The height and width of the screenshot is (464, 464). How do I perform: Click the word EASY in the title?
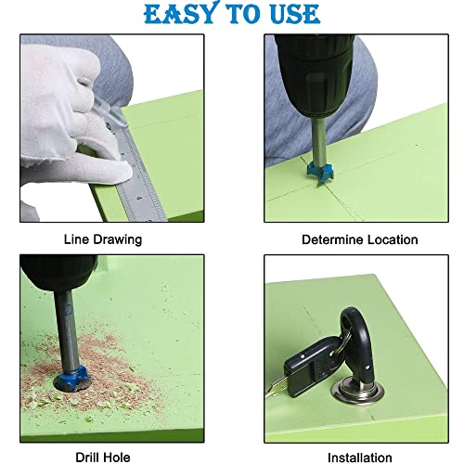coord(180,13)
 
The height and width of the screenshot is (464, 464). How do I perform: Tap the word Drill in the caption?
coord(88,458)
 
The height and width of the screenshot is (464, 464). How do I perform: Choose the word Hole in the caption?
coord(117,458)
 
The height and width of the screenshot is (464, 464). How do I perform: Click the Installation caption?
coord(360,458)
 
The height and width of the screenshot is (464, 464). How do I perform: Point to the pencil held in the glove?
coord(109,113)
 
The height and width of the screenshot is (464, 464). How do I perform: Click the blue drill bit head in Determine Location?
coord(319,173)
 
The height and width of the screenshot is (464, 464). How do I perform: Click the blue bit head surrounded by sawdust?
coord(71,378)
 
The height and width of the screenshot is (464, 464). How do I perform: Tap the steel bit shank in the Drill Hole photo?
coord(66,329)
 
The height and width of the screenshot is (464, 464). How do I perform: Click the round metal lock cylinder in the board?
coord(358,393)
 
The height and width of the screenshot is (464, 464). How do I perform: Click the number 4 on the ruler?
coord(140,198)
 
